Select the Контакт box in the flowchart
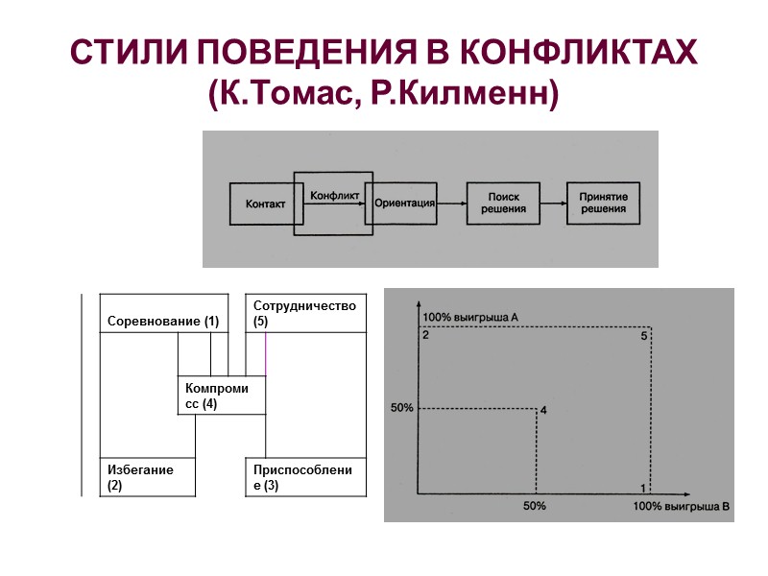click(x=265, y=204)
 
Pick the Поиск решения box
click(x=503, y=203)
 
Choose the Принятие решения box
click(x=603, y=203)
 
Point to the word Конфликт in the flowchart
click(x=334, y=196)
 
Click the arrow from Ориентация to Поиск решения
click(x=452, y=203)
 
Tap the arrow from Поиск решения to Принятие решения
click(x=552, y=203)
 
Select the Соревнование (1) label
click(x=163, y=321)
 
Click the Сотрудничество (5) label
click(x=304, y=313)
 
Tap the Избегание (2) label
click(x=140, y=477)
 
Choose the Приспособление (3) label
click(x=302, y=477)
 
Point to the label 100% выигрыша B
click(x=683, y=505)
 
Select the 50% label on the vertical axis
click(x=402, y=408)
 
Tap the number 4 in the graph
click(x=543, y=411)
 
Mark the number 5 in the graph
click(x=644, y=336)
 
